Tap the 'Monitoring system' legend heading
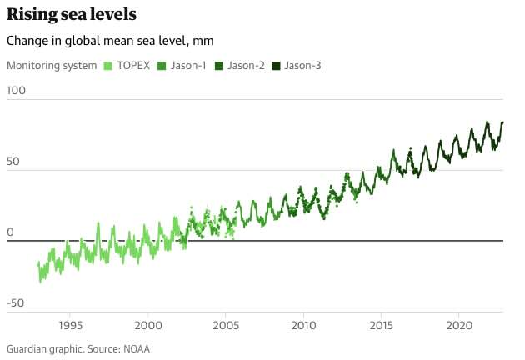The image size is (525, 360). pyautogui.click(x=51, y=65)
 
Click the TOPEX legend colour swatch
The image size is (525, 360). pyautogui.click(x=107, y=65)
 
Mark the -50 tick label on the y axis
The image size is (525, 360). pyautogui.click(x=16, y=302)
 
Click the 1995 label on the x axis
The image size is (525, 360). pyautogui.click(x=70, y=324)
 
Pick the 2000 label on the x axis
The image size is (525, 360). pyautogui.click(x=148, y=324)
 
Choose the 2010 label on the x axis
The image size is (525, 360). pyautogui.click(x=303, y=324)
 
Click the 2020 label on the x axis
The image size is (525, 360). pyautogui.click(x=459, y=324)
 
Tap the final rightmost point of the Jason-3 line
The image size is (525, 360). pyautogui.click(x=502, y=122)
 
